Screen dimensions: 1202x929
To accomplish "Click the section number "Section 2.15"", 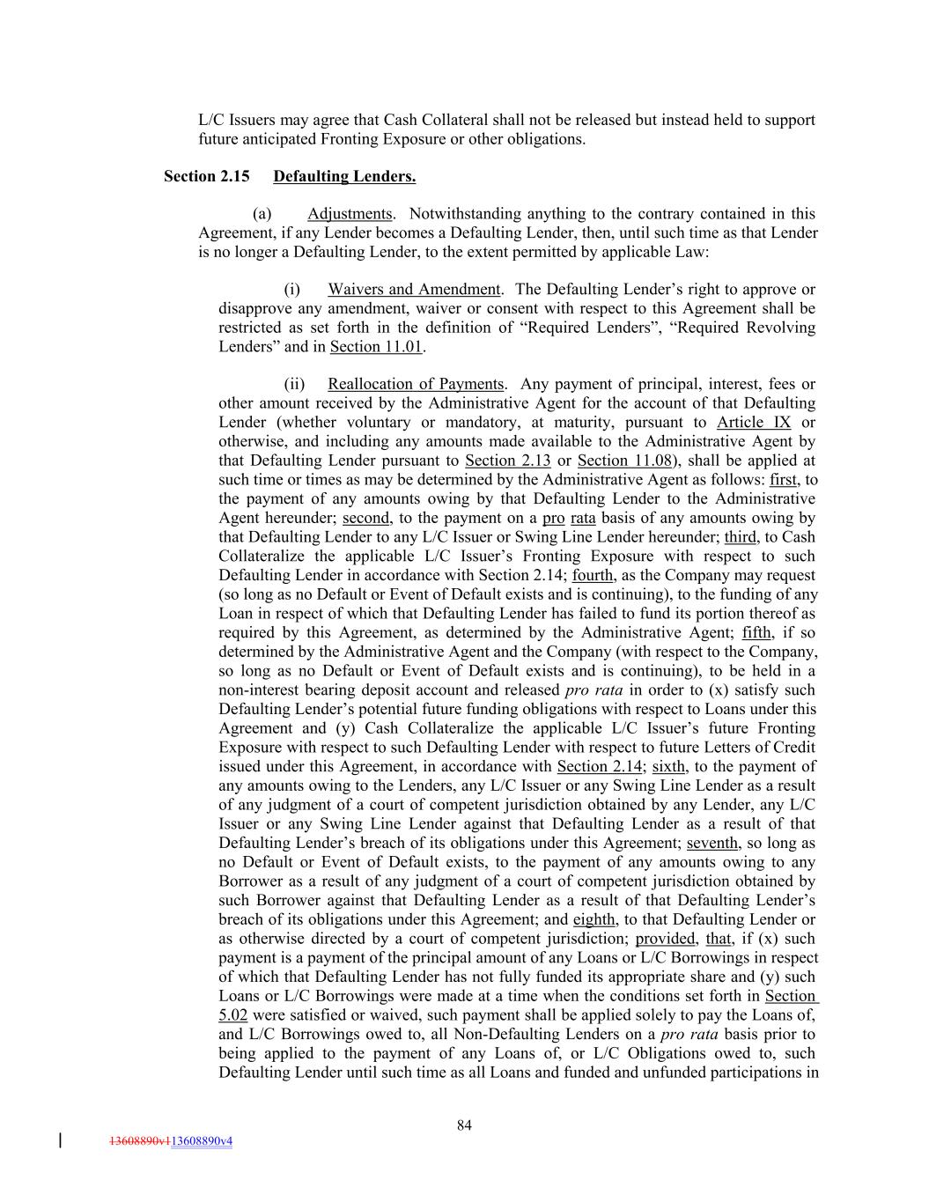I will pyautogui.click(x=206, y=176).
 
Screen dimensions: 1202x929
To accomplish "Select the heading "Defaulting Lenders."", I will pyautogui.click(x=344, y=176).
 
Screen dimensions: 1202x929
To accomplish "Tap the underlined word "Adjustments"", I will pyautogui.click(x=350, y=214).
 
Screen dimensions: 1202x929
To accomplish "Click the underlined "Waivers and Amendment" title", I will pyautogui.click(x=414, y=290).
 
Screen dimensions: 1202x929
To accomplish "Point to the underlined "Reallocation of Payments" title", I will pyautogui.click(x=416, y=384).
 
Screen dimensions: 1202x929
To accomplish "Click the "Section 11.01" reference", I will pyautogui.click(x=377, y=347).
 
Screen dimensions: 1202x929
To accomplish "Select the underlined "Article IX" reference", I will pyautogui.click(x=754, y=423).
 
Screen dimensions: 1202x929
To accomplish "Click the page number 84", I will pyautogui.click(x=465, y=1125).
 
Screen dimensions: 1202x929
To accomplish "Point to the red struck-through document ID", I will pyautogui.click(x=139, y=1141).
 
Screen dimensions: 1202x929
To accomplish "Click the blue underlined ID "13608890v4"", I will pyautogui.click(x=202, y=1141).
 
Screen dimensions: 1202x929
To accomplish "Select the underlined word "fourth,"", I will pyautogui.click(x=594, y=576).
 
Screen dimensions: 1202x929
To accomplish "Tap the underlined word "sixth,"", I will pyautogui.click(x=670, y=767).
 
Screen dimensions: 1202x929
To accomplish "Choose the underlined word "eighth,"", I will pyautogui.click(x=594, y=920).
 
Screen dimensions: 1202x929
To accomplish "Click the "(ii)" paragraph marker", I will pyautogui.click(x=294, y=384).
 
